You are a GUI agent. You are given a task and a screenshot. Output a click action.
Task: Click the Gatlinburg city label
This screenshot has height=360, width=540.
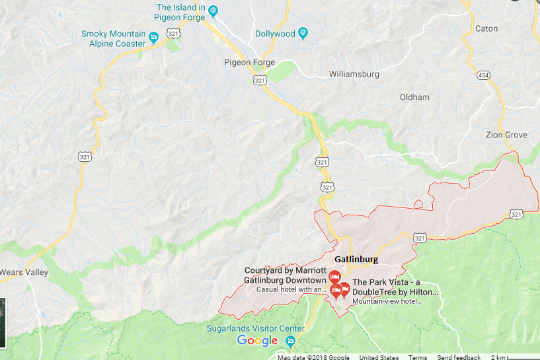pyautogui.click(x=357, y=259)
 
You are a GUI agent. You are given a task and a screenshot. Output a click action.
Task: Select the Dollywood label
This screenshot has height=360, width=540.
pyautogui.click(x=274, y=34)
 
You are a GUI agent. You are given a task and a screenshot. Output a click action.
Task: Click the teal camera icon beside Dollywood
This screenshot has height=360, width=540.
pyautogui.click(x=303, y=33)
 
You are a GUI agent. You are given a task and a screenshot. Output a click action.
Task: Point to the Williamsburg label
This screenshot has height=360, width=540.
pyautogui.click(x=354, y=75)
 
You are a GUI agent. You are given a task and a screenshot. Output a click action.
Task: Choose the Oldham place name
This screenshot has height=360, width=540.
pyautogui.click(x=415, y=97)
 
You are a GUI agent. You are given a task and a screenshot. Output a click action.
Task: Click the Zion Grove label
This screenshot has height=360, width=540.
pyautogui.click(x=507, y=135)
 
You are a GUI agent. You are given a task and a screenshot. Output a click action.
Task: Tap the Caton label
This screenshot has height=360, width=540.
pyautogui.click(x=486, y=28)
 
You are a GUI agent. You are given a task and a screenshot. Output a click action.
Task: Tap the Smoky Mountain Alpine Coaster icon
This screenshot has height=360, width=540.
pyautogui.click(x=153, y=36)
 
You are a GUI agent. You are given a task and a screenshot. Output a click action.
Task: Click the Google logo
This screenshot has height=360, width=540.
pyautogui.click(x=257, y=341)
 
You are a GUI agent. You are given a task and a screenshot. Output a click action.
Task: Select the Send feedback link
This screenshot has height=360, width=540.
pyautogui.click(x=459, y=357)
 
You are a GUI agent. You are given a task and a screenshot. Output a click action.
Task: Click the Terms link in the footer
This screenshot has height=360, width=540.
pyautogui.click(x=418, y=357)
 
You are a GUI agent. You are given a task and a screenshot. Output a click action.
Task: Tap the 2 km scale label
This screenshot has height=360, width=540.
pyautogui.click(x=498, y=357)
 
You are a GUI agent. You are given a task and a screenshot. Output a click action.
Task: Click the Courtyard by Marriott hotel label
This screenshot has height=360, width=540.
pyautogui.click(x=285, y=275)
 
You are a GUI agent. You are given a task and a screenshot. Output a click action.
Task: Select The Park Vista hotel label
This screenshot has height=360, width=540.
pyautogui.click(x=395, y=287)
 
